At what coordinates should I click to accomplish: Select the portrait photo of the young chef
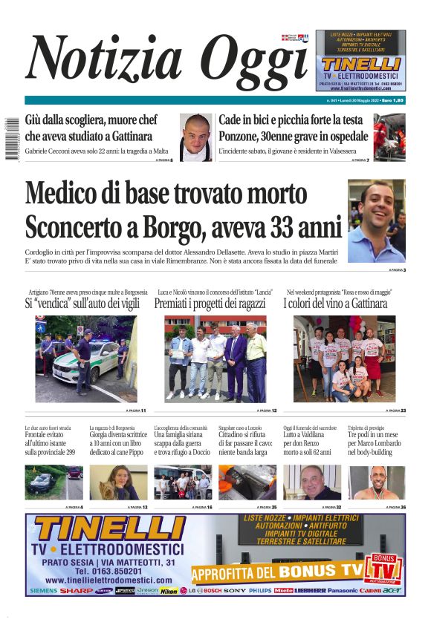tap(196, 136)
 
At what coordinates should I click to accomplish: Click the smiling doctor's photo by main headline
tap(377, 220)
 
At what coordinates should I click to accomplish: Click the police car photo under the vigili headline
tap(85, 359)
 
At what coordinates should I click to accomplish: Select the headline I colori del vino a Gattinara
tap(334, 304)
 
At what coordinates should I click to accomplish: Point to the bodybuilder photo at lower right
tap(377, 482)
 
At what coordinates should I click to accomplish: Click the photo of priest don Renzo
tap(312, 482)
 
